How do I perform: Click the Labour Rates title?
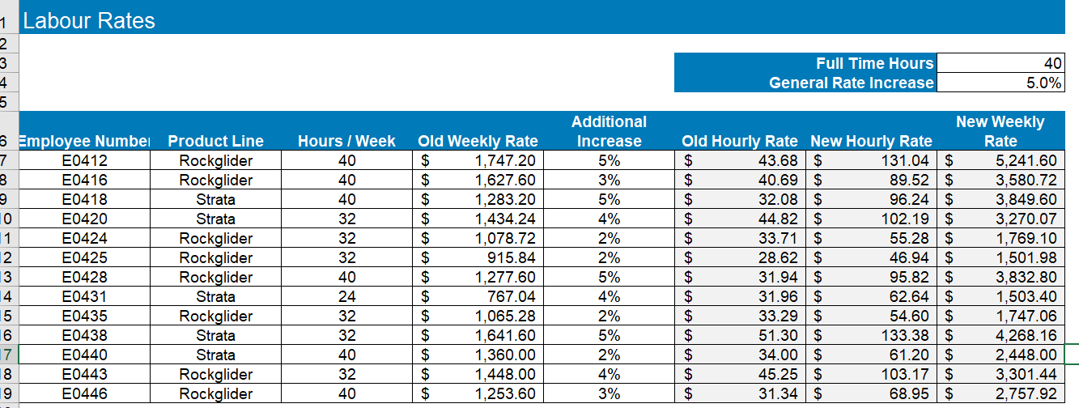(89, 21)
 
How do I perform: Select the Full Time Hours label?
(874, 63)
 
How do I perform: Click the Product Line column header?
(215, 141)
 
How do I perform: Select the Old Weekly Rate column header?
(478, 141)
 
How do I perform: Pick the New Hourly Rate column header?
(871, 141)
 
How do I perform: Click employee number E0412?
(84, 160)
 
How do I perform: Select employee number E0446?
(84, 393)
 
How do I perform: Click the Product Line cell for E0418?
(215, 199)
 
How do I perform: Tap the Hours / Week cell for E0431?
(346, 296)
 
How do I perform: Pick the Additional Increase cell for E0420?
(609, 219)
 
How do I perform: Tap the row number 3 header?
(4, 63)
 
